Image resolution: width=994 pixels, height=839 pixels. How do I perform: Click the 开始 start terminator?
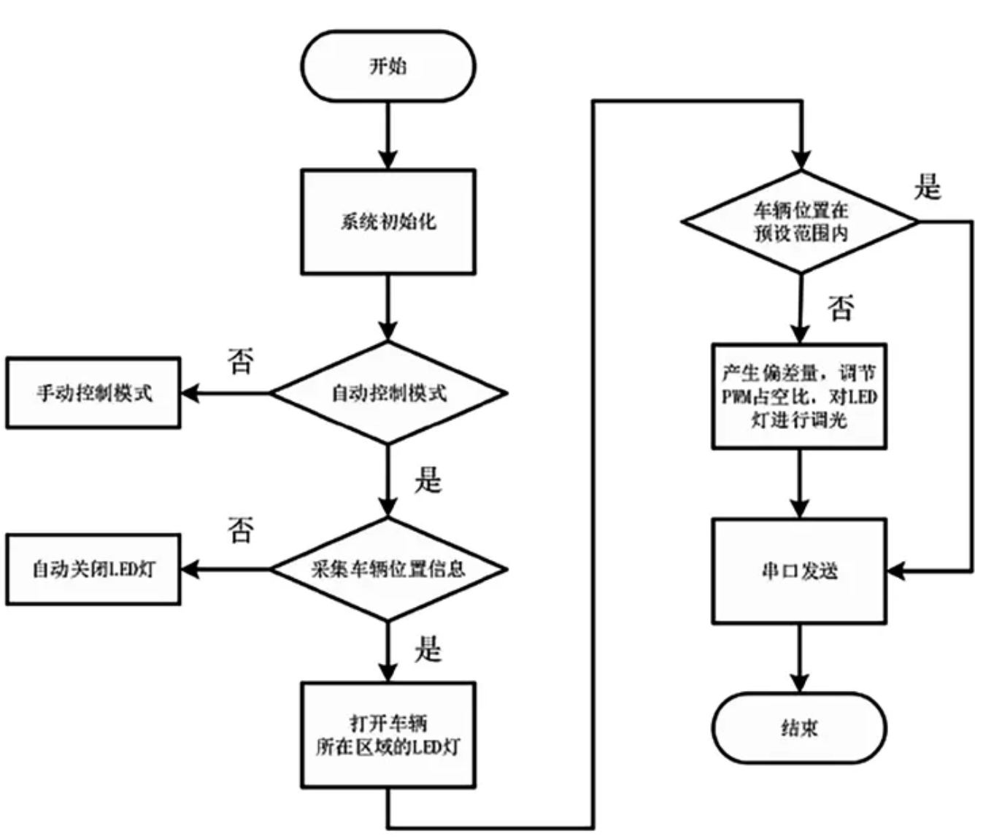388,66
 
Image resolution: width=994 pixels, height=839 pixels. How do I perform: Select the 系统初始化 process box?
388,222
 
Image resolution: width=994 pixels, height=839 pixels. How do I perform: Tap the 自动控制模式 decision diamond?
388,393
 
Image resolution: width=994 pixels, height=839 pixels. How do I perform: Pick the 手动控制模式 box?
93,393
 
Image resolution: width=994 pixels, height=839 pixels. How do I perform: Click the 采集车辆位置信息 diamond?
388,569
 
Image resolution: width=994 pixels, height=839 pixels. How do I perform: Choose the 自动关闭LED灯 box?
93,569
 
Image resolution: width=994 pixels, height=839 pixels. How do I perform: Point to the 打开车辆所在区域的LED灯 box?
388,735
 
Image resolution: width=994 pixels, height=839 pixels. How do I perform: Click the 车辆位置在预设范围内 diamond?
801,222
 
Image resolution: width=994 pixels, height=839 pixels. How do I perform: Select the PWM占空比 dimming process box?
799,396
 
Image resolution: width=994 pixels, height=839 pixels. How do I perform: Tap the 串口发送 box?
799,571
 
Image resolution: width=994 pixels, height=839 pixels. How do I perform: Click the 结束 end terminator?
799,727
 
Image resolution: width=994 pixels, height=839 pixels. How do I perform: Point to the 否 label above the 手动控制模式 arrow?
241,360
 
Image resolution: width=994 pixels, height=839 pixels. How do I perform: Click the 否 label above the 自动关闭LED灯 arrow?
241,530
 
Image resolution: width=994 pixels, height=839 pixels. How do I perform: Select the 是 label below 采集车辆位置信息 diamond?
428,649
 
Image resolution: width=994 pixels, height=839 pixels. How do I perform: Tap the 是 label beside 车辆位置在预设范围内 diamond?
928,187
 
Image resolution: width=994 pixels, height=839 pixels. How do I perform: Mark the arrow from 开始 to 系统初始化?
388,135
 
